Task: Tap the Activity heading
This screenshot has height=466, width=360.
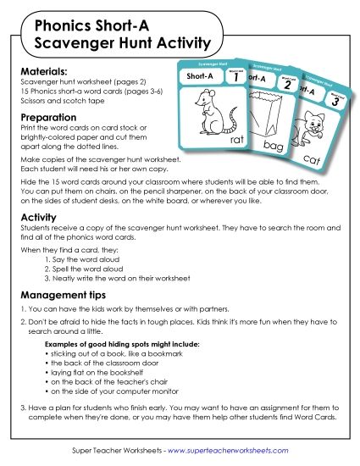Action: pos(38,218)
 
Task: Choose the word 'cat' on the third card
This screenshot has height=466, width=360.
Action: pos(311,158)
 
